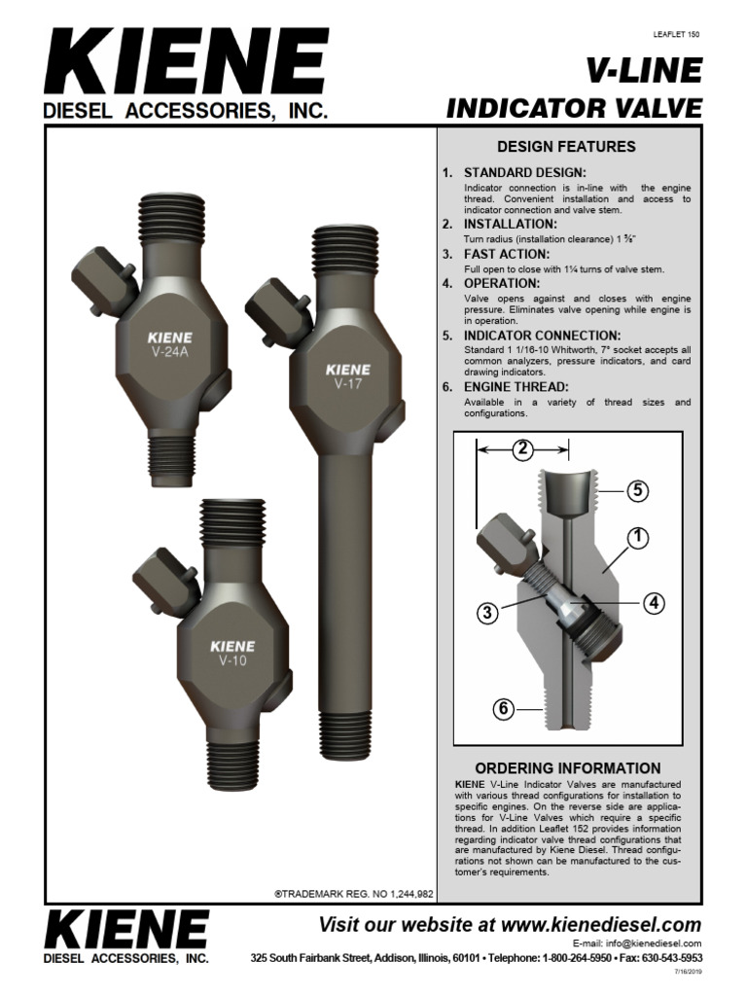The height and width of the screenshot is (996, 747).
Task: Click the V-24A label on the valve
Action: tap(169, 352)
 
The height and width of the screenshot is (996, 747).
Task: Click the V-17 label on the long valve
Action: tap(347, 382)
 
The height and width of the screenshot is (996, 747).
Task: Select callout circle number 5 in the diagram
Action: tap(636, 491)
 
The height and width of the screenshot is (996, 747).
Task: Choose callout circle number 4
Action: tap(654, 602)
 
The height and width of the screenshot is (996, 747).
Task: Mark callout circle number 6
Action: tap(503, 709)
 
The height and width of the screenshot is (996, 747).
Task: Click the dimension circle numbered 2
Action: tap(523, 448)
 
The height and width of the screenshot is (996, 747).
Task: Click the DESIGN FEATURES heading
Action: tap(566, 147)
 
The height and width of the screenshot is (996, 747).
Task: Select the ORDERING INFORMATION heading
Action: tap(567, 767)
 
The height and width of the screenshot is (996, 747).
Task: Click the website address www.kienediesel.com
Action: tap(602, 924)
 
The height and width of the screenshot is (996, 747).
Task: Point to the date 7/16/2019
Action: tap(687, 972)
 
